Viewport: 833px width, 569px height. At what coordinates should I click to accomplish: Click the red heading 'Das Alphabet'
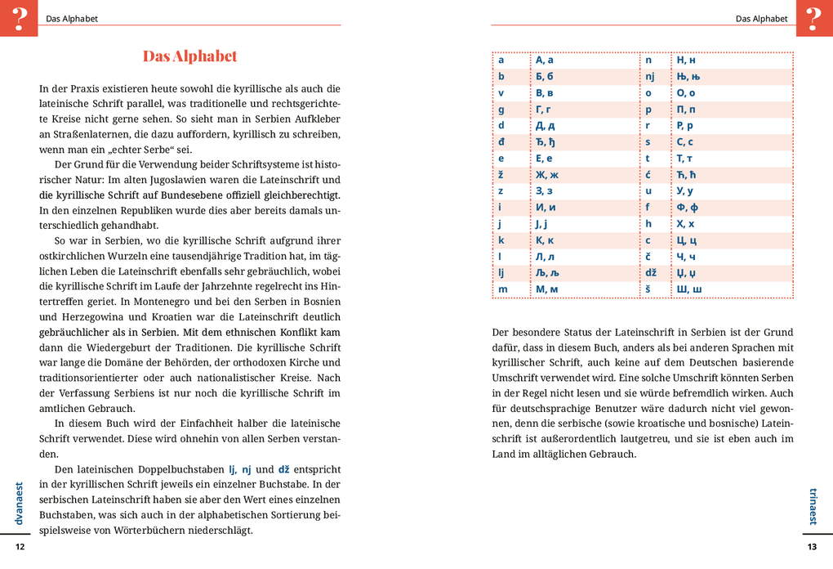pyautogui.click(x=189, y=56)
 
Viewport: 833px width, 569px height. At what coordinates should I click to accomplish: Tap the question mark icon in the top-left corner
pyautogui.click(x=19, y=18)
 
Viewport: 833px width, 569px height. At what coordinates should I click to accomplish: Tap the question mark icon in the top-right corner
pyautogui.click(x=813, y=18)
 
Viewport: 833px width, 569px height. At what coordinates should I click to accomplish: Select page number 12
pyautogui.click(x=20, y=547)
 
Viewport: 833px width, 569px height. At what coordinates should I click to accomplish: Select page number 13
pyautogui.click(x=812, y=547)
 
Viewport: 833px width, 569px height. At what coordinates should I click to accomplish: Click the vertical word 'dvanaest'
pyautogui.click(x=20, y=503)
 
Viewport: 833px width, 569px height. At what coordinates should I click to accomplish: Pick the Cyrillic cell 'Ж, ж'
pyautogui.click(x=546, y=174)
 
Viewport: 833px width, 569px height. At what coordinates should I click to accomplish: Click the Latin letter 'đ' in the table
pyautogui.click(x=501, y=141)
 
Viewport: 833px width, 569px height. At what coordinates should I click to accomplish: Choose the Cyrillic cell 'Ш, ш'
pyautogui.click(x=688, y=289)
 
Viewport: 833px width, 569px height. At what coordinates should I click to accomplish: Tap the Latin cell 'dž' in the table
pyautogui.click(x=651, y=272)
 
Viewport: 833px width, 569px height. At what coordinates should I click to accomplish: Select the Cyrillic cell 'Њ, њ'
pyautogui.click(x=688, y=76)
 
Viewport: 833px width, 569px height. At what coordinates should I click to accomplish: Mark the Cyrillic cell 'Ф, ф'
pyautogui.click(x=688, y=207)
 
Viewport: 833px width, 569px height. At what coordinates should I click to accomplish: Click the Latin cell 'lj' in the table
pyautogui.click(x=502, y=272)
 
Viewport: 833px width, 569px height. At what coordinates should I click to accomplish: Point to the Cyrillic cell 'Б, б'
pyautogui.click(x=545, y=76)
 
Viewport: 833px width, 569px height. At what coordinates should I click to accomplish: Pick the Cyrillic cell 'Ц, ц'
pyautogui.click(x=687, y=240)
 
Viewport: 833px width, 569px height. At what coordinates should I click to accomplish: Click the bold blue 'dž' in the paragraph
pyautogui.click(x=284, y=469)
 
